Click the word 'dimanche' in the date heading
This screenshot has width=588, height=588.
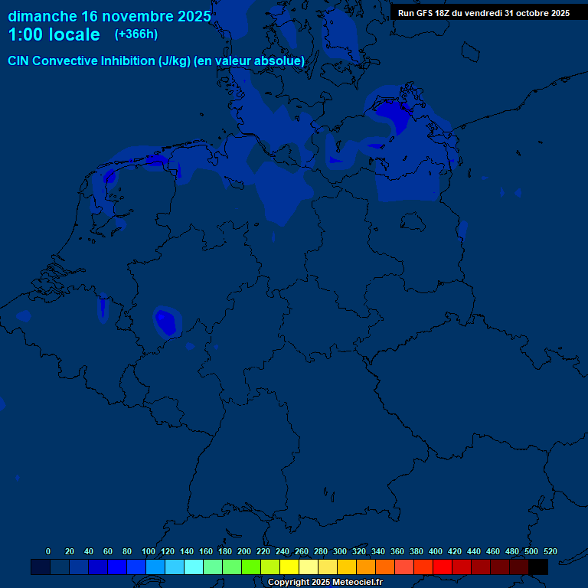tap(41, 16)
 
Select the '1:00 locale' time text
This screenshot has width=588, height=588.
tap(54, 34)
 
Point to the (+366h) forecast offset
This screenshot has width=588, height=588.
tap(136, 34)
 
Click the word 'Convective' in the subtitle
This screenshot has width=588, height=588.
tap(65, 60)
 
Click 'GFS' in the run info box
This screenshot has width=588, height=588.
tap(430, 13)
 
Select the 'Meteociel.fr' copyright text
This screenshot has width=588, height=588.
tap(351, 583)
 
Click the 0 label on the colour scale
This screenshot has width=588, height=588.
tap(48, 551)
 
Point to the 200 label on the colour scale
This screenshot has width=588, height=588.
tap(244, 551)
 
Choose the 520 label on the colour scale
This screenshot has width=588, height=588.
tap(550, 551)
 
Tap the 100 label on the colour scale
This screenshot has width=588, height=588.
tap(149, 551)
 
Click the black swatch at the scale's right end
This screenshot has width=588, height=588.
tap(538, 567)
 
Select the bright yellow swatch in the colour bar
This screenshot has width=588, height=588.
tap(289, 567)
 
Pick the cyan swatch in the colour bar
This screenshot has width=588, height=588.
tap(194, 567)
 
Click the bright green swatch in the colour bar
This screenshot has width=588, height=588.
tap(251, 567)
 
